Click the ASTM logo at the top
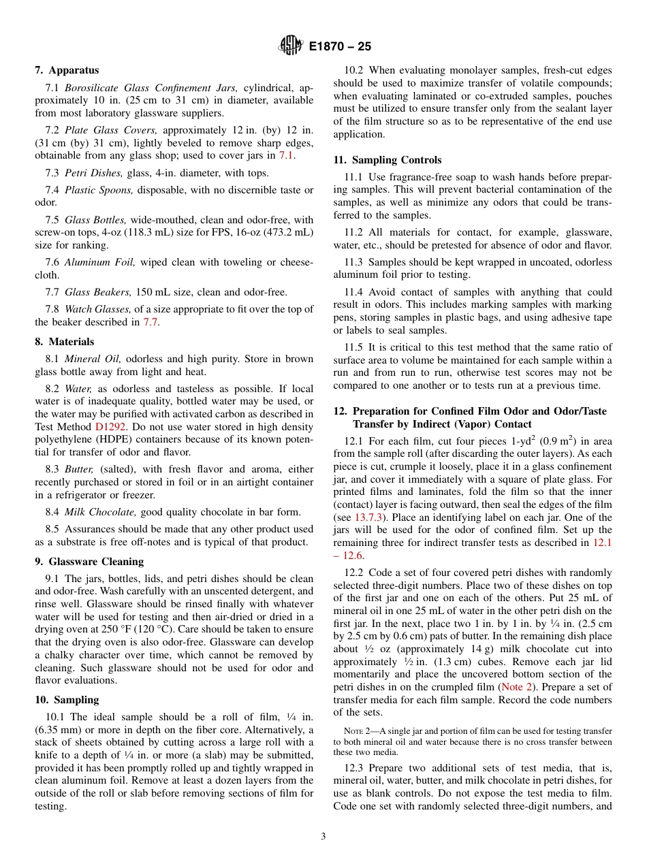[x=291, y=46]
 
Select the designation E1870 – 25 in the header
[x=340, y=47]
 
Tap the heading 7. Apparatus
[x=67, y=70]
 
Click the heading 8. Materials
[x=65, y=342]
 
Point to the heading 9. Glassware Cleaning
[x=89, y=562]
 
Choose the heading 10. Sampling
[x=67, y=700]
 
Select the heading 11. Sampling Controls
[x=388, y=160]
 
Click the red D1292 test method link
[x=110, y=426]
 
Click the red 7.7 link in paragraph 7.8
[x=150, y=322]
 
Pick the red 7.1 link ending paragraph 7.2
[x=286, y=156]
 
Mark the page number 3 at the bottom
[x=323, y=837]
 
